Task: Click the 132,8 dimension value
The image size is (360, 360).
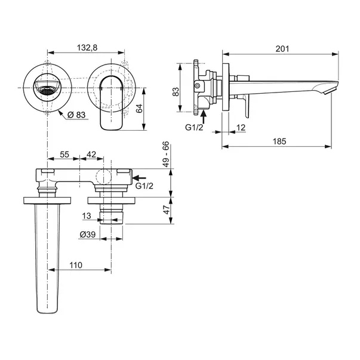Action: pyautogui.click(x=87, y=48)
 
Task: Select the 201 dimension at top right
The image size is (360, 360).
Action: pyautogui.click(x=282, y=49)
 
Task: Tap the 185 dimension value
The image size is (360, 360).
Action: pyautogui.click(x=279, y=141)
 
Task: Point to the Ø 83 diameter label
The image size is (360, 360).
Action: pyautogui.click(x=77, y=115)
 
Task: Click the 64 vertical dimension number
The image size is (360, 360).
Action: pyautogui.click(x=139, y=109)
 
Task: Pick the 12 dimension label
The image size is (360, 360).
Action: pyautogui.click(x=241, y=127)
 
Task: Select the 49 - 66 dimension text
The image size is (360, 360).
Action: pyautogui.click(x=166, y=154)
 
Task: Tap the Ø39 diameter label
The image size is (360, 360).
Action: pyautogui.click(x=88, y=235)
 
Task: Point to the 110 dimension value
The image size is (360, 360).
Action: pyautogui.click(x=76, y=265)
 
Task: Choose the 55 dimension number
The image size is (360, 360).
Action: pyautogui.click(x=64, y=155)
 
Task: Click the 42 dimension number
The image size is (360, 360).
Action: pyautogui.click(x=91, y=155)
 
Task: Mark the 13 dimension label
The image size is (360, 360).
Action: pyautogui.click(x=87, y=216)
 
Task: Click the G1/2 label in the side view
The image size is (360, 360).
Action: pyautogui.click(x=194, y=127)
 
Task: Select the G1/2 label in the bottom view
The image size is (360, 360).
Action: pyautogui.click(x=144, y=186)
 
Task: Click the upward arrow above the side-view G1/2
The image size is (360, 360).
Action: pyautogui.click(x=204, y=117)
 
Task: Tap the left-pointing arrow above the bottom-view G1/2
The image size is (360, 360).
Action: pyautogui.click(x=139, y=178)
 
